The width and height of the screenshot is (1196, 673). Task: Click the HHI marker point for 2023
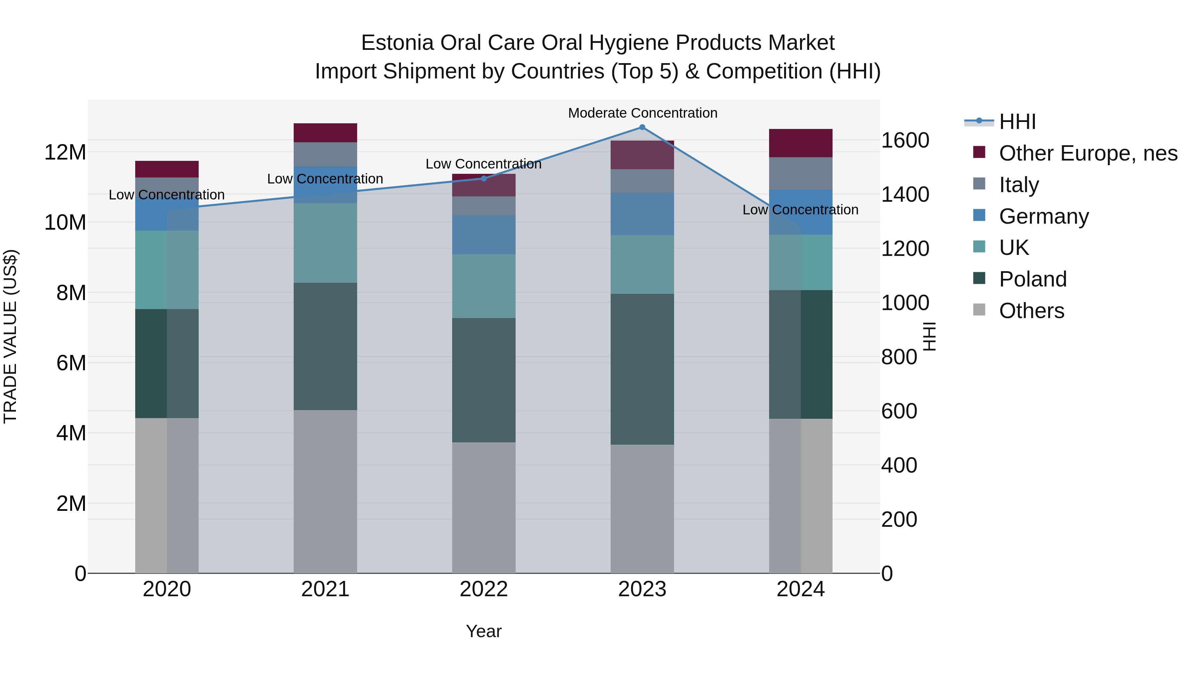[x=642, y=127]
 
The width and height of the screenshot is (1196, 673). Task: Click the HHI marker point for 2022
[x=484, y=178]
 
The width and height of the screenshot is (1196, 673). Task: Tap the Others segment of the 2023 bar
[x=642, y=508]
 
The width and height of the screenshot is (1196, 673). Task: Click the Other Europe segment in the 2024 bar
[x=800, y=143]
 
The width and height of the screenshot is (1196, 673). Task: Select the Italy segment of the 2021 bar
[x=325, y=154]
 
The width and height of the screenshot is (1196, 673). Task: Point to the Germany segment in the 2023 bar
[x=642, y=214]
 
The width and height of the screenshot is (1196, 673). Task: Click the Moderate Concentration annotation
[x=643, y=113]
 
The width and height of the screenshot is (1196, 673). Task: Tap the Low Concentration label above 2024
[x=800, y=210]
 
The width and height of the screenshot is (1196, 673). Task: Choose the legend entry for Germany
[x=1043, y=216]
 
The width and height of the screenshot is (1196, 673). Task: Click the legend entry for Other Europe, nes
[x=1088, y=153]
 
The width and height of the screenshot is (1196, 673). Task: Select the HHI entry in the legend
[x=1017, y=122]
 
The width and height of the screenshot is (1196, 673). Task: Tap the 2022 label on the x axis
[x=484, y=589]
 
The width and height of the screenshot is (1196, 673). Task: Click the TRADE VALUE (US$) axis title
[x=11, y=336]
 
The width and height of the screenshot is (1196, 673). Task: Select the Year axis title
[x=484, y=631]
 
